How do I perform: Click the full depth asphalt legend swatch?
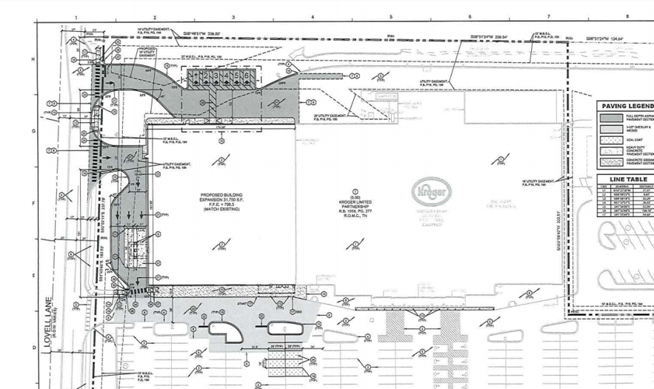pos(611,118)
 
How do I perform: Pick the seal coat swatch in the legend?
pos(611,140)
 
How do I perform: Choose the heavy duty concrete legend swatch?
pos(611,151)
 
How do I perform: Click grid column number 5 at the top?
pos(391,17)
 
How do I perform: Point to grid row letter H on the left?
pos(33,60)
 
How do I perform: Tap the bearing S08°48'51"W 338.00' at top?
pos(202,33)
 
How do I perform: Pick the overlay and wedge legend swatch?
pos(611,129)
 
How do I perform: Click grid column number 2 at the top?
pos(155,17)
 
